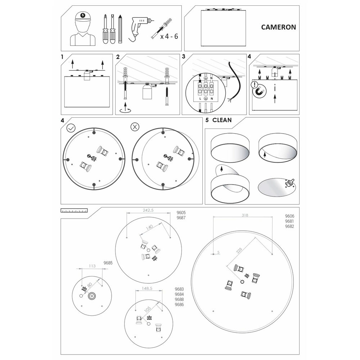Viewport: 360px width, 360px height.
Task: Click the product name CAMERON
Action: (279, 27)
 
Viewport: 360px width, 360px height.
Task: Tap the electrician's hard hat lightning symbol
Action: (83, 15)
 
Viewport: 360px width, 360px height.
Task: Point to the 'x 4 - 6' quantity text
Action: (169, 36)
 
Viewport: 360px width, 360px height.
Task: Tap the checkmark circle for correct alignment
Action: (71, 128)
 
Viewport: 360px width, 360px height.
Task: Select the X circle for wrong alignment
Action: (135, 127)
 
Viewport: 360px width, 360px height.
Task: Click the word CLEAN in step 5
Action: (222, 120)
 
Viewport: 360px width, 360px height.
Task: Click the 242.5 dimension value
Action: (148, 210)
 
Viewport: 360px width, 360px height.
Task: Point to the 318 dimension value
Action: (245, 215)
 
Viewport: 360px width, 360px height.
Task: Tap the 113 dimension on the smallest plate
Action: (92, 266)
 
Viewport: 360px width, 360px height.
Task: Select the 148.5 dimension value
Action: (147, 288)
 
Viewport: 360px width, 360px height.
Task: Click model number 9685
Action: (108, 263)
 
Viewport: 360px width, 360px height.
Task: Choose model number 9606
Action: (289, 216)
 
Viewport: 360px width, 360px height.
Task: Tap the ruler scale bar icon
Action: (74, 210)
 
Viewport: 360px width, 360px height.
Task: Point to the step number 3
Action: (184, 57)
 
